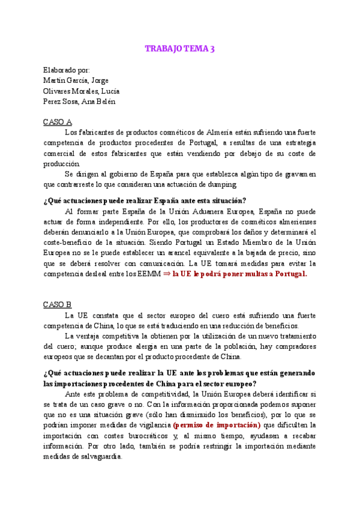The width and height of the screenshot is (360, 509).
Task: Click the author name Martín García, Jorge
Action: [76, 80]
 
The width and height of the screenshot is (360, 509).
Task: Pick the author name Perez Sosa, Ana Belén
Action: [79, 101]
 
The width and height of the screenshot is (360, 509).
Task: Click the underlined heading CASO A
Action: [58, 121]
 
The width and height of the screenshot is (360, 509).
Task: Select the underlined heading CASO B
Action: [58, 304]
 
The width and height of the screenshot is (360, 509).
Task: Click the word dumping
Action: [223, 184]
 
